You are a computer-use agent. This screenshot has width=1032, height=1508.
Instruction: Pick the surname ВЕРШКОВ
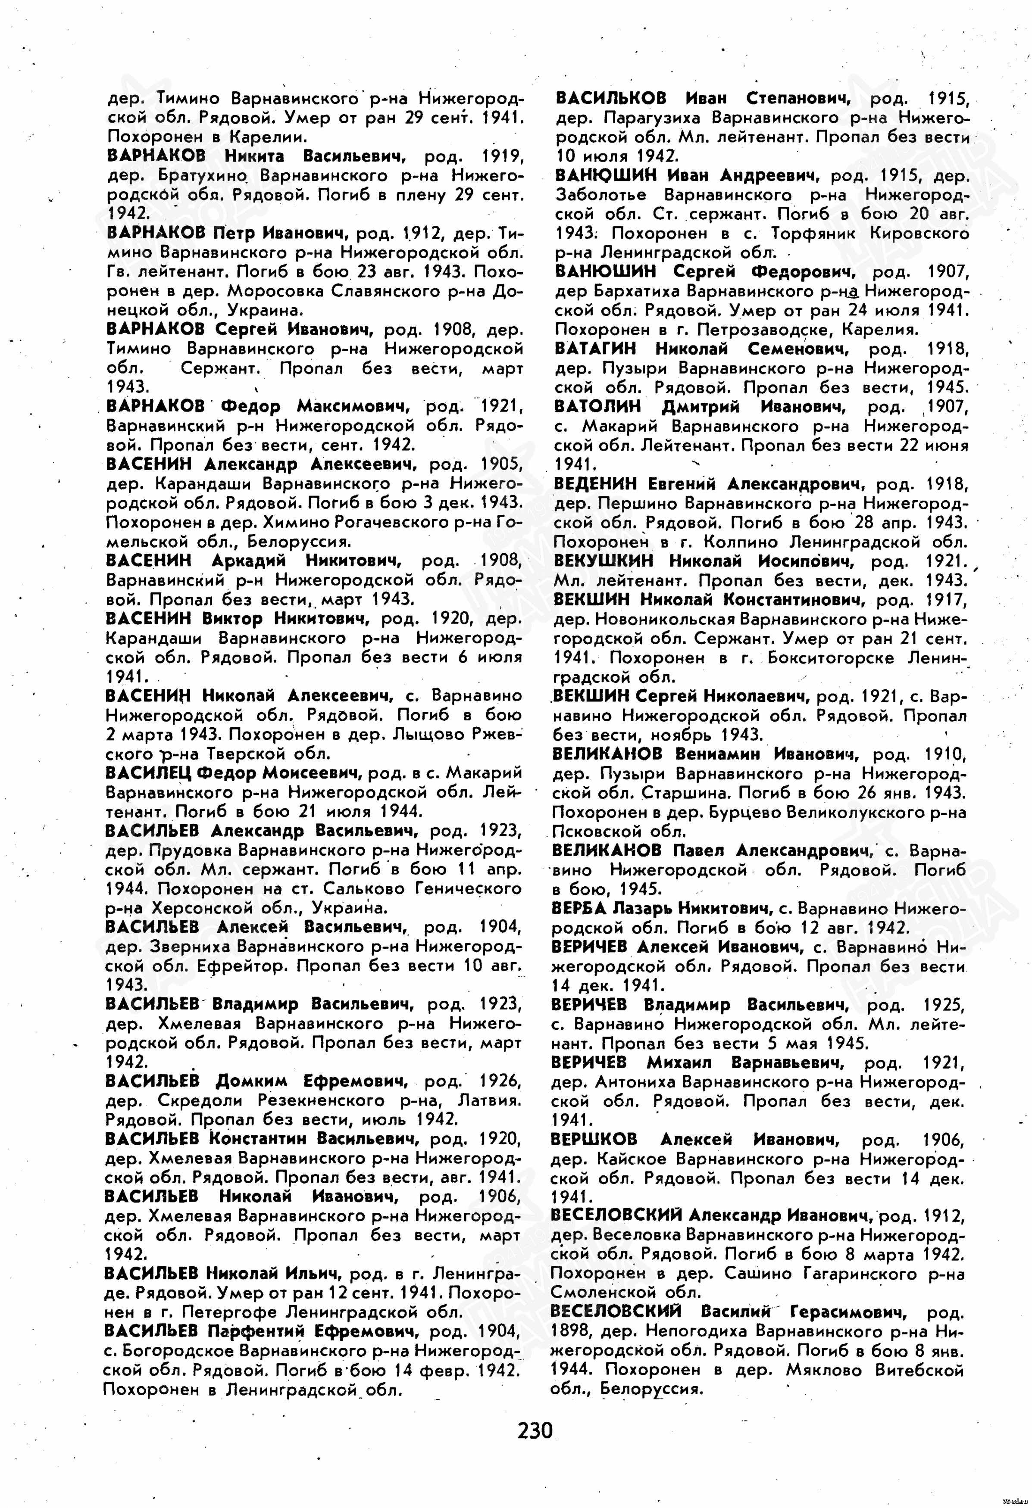coord(594,1140)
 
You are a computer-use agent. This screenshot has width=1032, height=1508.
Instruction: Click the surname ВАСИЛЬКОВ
coord(611,99)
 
